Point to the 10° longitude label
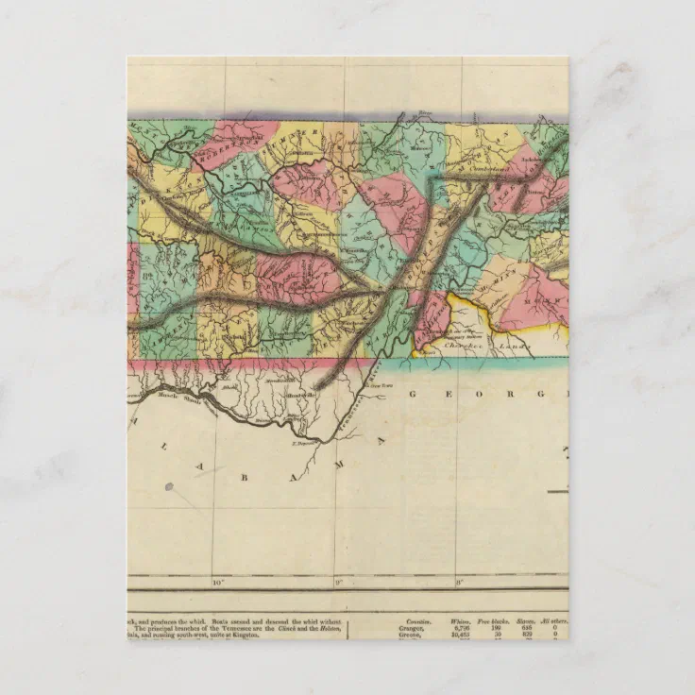click(217, 582)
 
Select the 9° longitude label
click(337, 582)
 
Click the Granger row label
click(411, 628)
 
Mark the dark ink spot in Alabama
click(170, 487)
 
